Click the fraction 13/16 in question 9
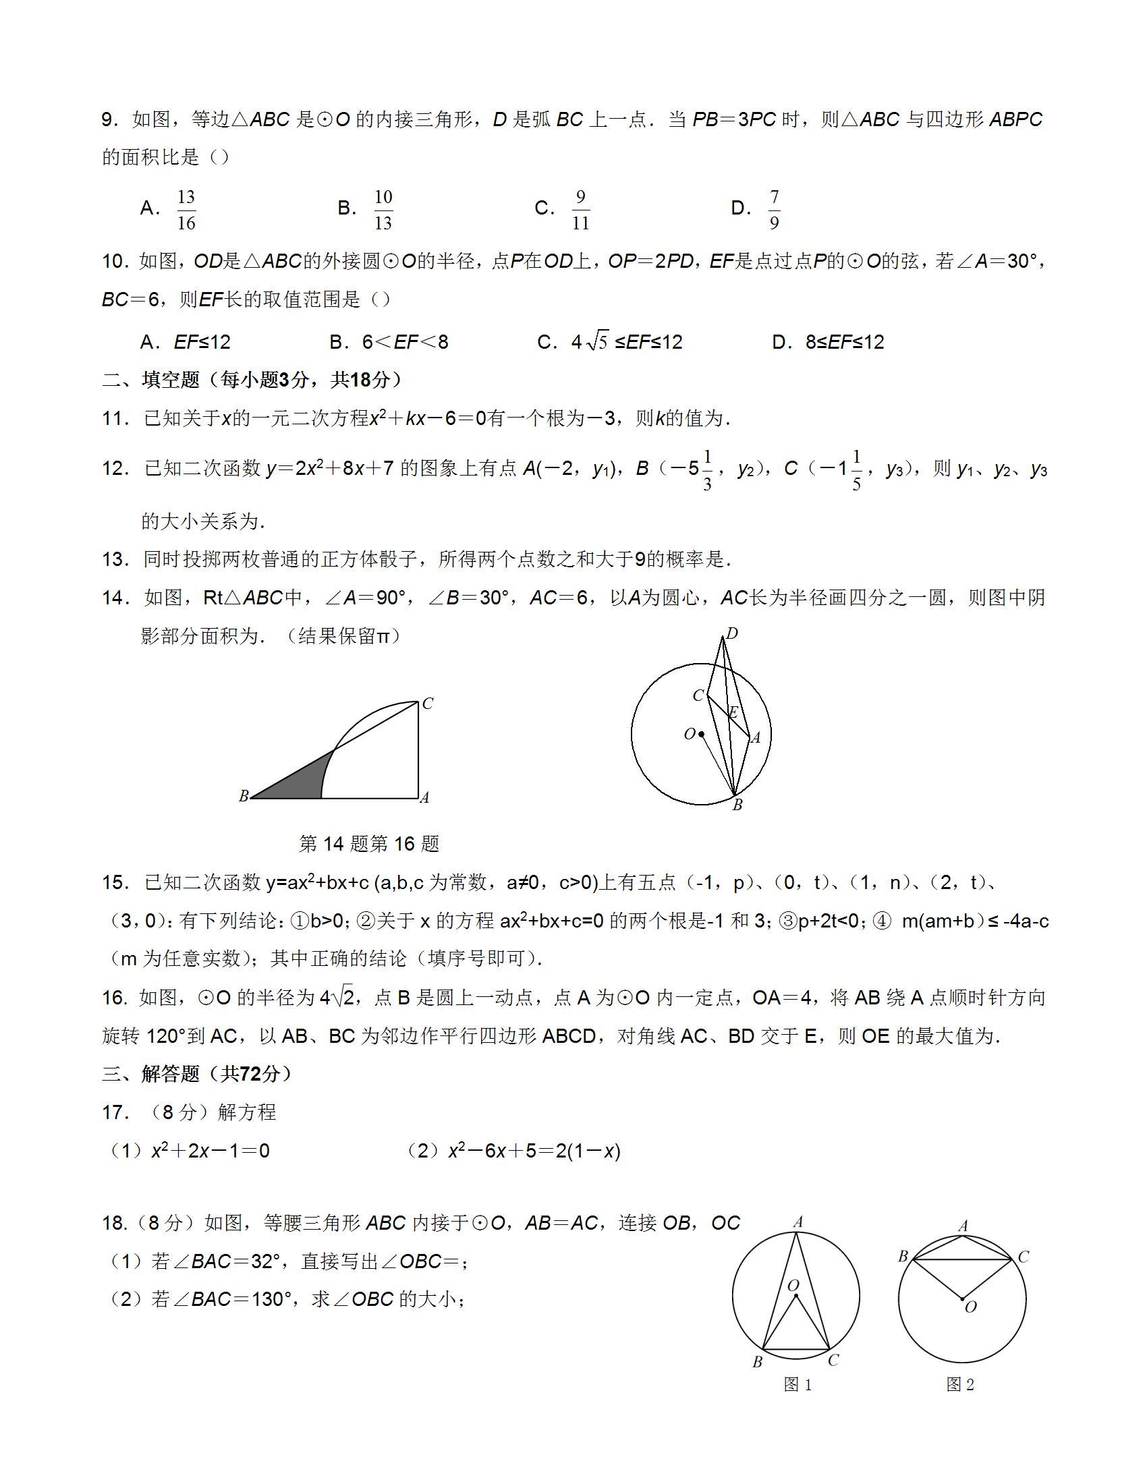pos(186,210)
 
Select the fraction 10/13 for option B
pos(383,210)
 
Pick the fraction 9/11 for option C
pos(580,210)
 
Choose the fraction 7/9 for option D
pos(774,210)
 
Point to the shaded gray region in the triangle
pos(299,781)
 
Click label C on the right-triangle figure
pos(427,704)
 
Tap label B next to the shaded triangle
pos(244,797)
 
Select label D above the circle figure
pos(732,634)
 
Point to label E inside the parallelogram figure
pos(733,713)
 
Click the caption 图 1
pos(798,1385)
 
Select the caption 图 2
pos(960,1385)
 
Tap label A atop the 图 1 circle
pos(798,1222)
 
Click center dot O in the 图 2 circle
pos(962,1299)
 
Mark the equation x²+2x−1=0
pos(210,1151)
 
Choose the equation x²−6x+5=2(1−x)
pos(534,1151)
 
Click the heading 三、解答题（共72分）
pos(197,1075)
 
